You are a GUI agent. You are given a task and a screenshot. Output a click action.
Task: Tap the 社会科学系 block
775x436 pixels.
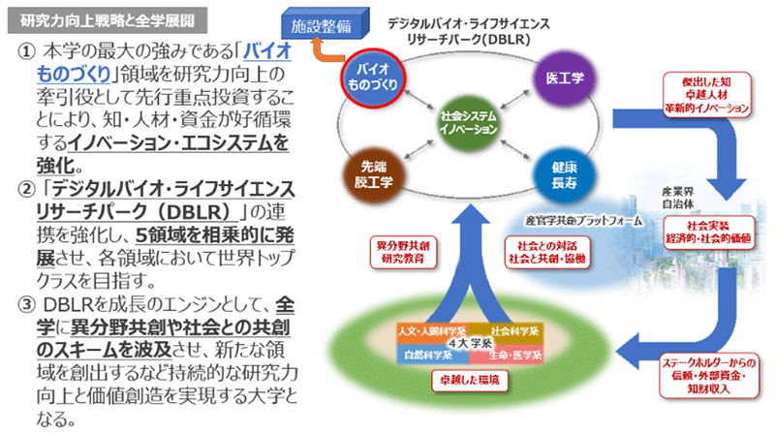[512, 331]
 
